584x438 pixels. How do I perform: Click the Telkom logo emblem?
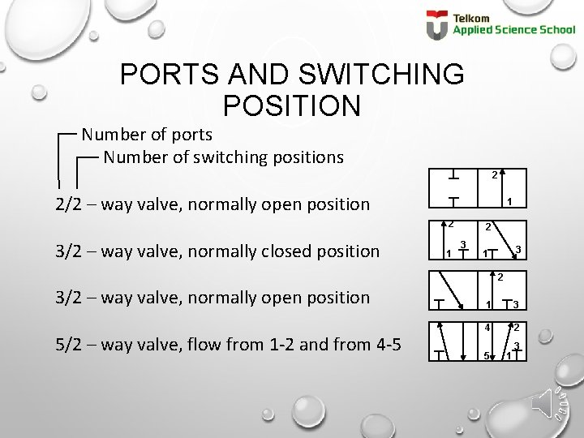[x=436, y=25]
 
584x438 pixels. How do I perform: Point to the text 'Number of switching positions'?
[x=223, y=156]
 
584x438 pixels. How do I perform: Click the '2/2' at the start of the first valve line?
[x=69, y=204]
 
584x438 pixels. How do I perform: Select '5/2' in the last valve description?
[x=69, y=344]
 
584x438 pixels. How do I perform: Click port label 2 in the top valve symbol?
[x=494, y=174]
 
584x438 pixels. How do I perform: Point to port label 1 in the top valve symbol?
[x=509, y=202]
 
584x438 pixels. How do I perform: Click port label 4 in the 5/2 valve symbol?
[x=487, y=328]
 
